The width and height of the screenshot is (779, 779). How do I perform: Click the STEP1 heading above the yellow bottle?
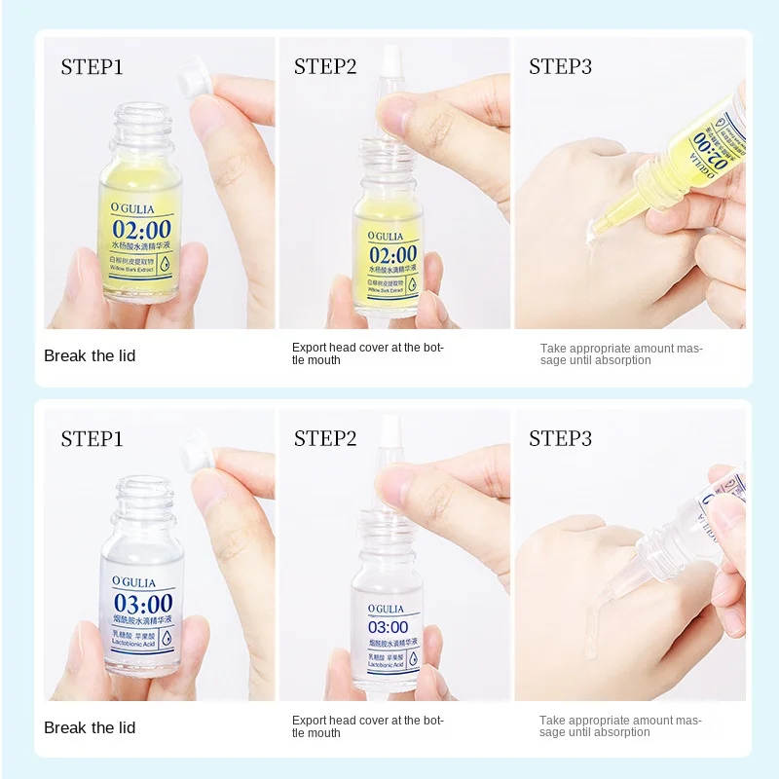point(92,67)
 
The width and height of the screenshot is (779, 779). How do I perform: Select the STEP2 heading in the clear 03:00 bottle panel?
point(325,439)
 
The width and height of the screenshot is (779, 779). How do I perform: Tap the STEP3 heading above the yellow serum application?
point(560,67)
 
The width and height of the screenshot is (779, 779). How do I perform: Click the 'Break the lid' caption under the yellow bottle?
point(90,356)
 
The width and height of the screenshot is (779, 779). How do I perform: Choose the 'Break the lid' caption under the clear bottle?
point(90,728)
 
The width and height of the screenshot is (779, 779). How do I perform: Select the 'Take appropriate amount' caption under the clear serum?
point(620,726)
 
